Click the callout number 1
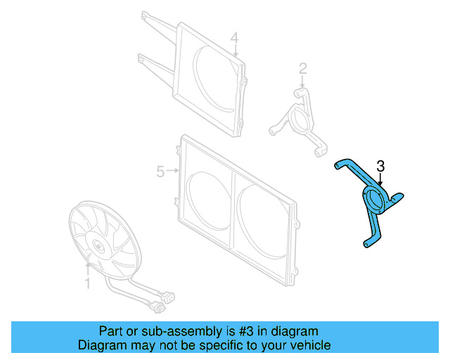pos(88,283)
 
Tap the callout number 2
pos(303,69)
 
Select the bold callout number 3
pos(380,167)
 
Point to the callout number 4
pos(235,37)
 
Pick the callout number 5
pos(160,171)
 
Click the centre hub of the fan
pos(98,245)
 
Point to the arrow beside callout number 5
pos(172,171)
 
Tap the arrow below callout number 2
pos(302,82)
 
